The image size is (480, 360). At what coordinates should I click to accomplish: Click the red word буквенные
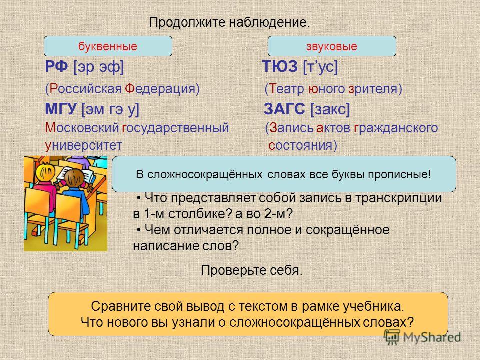click(108, 46)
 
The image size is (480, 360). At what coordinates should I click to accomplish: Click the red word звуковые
click(332, 46)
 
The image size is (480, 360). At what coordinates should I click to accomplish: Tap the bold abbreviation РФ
click(56, 66)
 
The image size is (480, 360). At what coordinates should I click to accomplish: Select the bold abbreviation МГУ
click(61, 109)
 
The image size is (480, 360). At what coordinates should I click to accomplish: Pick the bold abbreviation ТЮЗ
click(280, 66)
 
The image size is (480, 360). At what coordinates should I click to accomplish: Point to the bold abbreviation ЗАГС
click(284, 109)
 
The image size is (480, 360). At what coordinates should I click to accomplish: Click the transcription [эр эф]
click(99, 67)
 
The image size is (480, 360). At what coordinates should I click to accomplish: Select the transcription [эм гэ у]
click(110, 109)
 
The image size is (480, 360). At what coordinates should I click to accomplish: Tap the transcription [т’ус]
click(320, 67)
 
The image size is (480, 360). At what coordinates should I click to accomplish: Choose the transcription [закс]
click(330, 109)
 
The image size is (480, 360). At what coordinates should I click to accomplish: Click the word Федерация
click(160, 89)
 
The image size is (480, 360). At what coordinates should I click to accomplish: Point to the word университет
click(83, 145)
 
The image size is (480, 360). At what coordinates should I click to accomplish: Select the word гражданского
click(396, 128)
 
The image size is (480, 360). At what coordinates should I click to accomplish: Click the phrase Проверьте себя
click(252, 270)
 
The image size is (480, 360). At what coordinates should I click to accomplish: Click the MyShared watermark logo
click(423, 337)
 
